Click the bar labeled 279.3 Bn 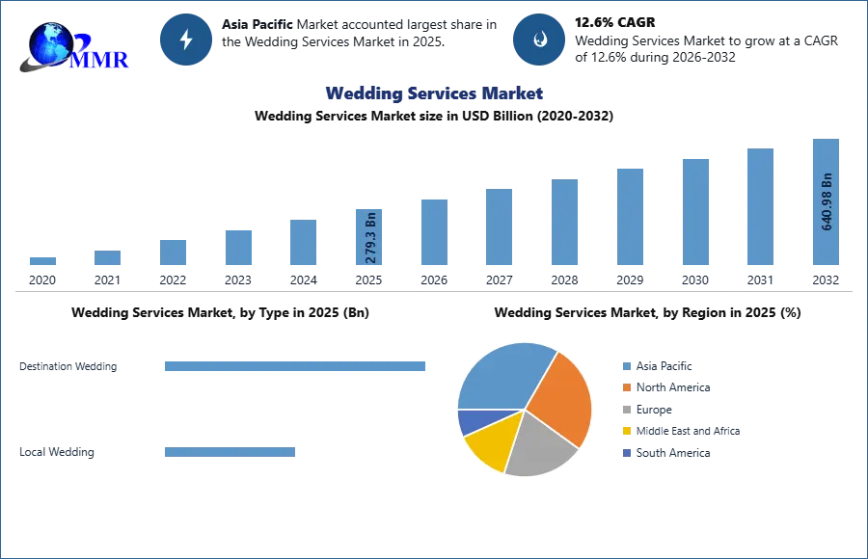pos(369,238)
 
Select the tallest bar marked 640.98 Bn pos(826,203)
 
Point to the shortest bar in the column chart pos(42,262)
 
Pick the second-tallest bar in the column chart pos(759,208)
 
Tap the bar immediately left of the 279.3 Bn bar pos(301,243)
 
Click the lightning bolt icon pos(187,40)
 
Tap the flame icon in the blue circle pos(539,40)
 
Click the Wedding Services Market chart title pos(435,93)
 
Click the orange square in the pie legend pos(626,387)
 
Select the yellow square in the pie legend pos(626,432)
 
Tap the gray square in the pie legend pos(626,410)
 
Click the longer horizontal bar pos(295,366)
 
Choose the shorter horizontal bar pos(231,454)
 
